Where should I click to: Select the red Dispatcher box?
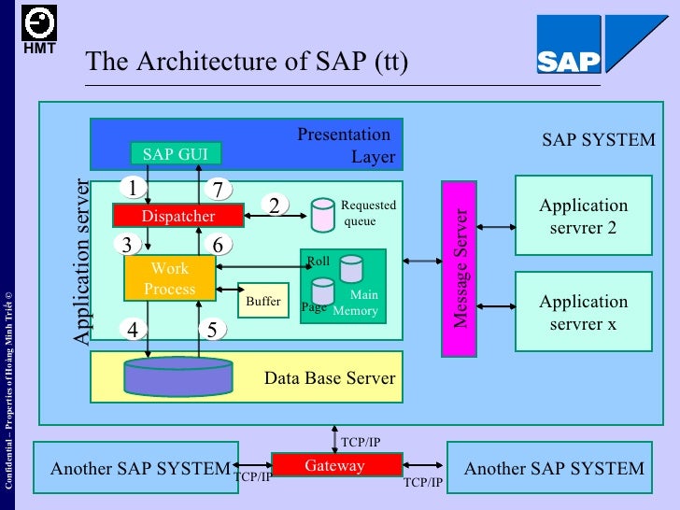pos(177,216)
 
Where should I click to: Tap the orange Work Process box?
pos(169,278)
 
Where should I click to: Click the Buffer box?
pos(263,301)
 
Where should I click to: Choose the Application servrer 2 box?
pos(584,216)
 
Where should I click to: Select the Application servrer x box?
pos(584,312)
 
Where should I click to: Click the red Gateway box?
pos(335,465)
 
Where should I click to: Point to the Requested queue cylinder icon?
pos(323,215)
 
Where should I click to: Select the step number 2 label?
pos(275,205)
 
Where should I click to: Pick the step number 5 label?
pos(213,329)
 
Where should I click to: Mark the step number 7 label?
pos(218,190)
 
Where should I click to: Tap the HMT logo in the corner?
pos(39,28)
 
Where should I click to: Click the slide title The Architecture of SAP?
pos(247,62)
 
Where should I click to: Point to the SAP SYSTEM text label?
pos(599,140)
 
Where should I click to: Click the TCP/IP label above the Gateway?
pos(361,442)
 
